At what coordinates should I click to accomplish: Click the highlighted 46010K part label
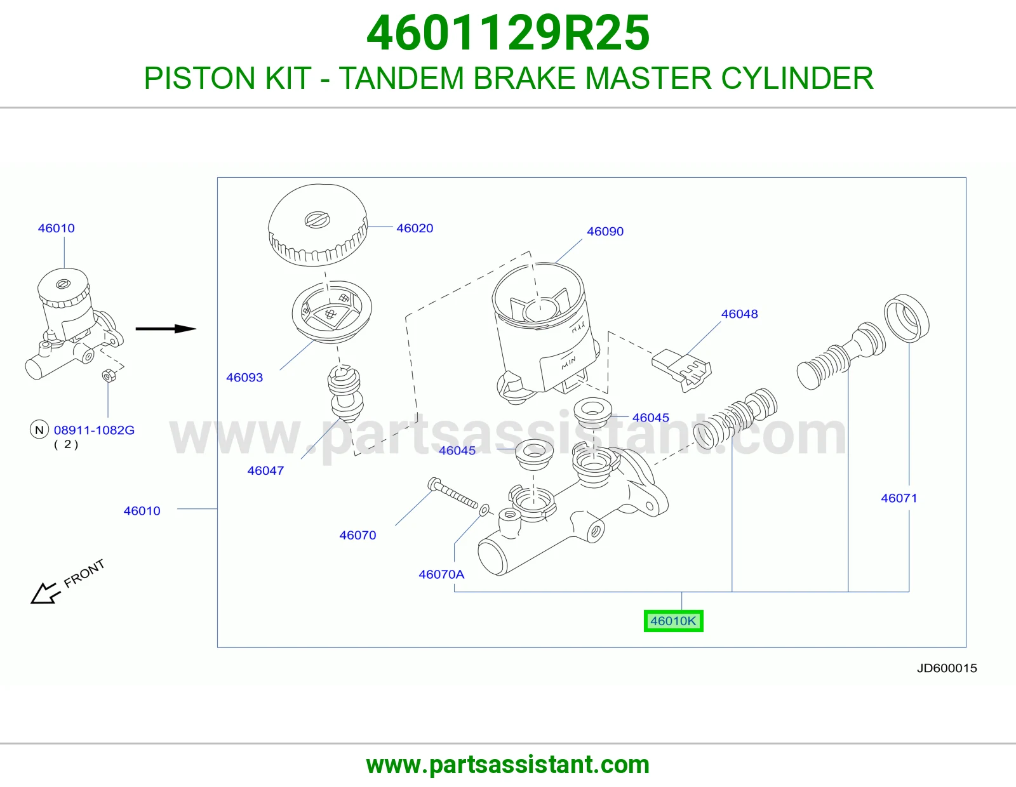click(673, 621)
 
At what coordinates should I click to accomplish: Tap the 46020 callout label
click(415, 228)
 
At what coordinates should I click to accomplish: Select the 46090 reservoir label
click(605, 231)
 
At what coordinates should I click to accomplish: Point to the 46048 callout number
click(739, 314)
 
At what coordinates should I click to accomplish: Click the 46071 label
click(899, 498)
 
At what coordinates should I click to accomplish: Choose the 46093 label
click(244, 378)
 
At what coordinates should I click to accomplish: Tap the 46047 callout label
click(265, 470)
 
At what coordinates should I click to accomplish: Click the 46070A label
click(441, 574)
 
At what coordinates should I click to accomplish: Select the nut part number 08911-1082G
click(94, 430)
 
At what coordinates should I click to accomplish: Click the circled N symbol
click(39, 430)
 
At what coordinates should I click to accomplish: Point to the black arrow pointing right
click(166, 329)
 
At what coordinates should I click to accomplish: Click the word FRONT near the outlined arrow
click(84, 573)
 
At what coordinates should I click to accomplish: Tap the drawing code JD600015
click(947, 668)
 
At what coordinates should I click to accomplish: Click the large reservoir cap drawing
click(318, 225)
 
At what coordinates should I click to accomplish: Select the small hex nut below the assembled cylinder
click(109, 375)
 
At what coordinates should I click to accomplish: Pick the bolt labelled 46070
click(453, 493)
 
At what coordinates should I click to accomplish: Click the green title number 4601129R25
click(508, 33)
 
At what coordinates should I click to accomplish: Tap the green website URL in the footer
click(508, 765)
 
